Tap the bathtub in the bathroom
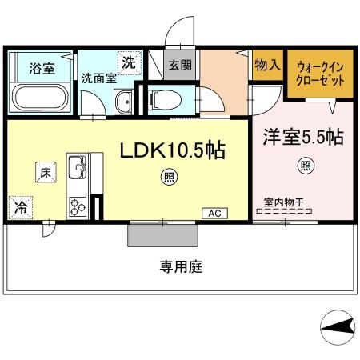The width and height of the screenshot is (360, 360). (42, 97)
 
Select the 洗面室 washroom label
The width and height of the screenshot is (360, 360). (98, 78)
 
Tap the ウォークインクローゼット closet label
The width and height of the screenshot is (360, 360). (320, 74)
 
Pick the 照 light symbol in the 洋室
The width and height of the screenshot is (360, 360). (305, 166)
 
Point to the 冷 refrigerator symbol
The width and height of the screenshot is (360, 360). (19, 207)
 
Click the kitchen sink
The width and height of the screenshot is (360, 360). (78, 169)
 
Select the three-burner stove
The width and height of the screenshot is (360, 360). (78, 206)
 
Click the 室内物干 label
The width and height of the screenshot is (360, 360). (283, 202)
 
